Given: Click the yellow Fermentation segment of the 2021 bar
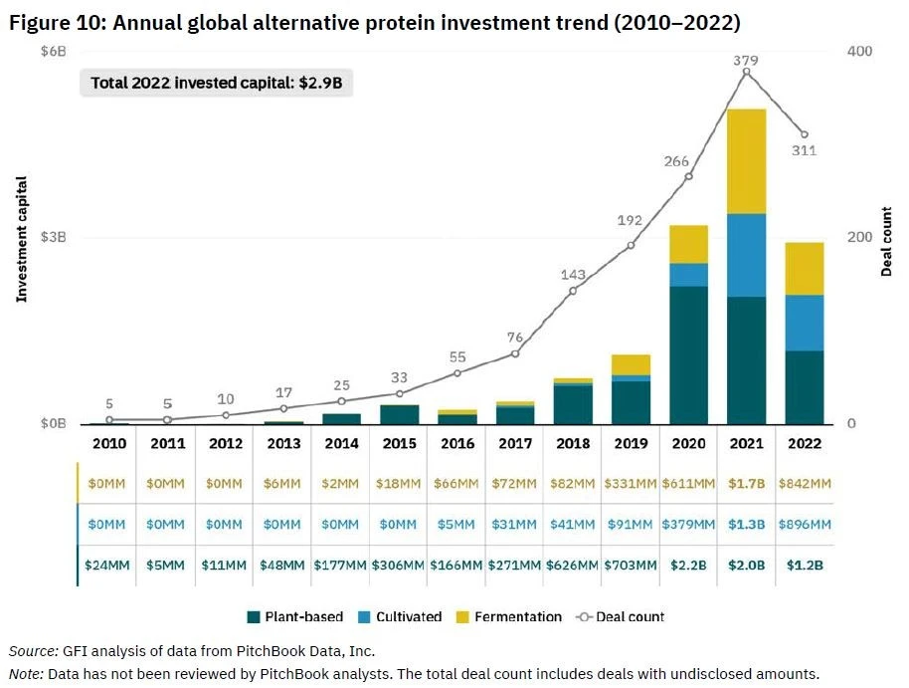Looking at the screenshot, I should pos(746,161).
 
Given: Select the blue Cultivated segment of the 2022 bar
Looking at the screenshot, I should pos(805,323).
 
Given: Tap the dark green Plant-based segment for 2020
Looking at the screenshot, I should pos(688,354).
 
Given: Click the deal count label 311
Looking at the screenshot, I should pos(804,151).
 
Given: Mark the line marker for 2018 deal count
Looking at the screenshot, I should pos(572,291).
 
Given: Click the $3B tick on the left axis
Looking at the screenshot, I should pos(52,237).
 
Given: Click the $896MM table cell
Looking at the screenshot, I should pos(805,524).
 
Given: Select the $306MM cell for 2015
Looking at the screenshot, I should pos(399,565).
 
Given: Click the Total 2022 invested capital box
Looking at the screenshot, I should pos(216,83).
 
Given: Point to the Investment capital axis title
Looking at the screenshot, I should pos(20,238).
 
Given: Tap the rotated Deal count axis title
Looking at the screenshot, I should pos(886,238).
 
